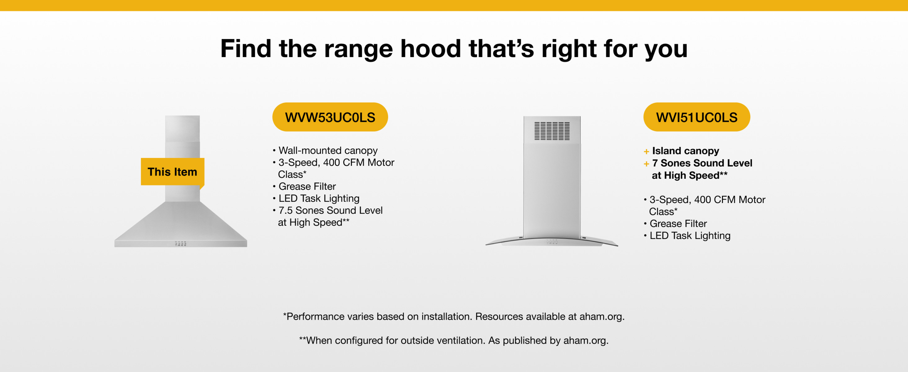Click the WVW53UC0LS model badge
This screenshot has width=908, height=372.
pyautogui.click(x=330, y=117)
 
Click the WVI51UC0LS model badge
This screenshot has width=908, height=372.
pyautogui.click(x=697, y=117)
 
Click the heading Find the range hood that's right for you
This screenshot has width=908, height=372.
pyautogui.click(x=454, y=49)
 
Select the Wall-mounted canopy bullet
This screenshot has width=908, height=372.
pyautogui.click(x=328, y=150)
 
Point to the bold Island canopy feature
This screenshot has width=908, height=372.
pyautogui.click(x=686, y=151)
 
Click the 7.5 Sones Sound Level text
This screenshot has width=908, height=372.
pyautogui.click(x=331, y=210)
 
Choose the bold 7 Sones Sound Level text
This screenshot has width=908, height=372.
pyautogui.click(x=702, y=163)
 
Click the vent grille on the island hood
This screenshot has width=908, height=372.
pyautogui.click(x=552, y=131)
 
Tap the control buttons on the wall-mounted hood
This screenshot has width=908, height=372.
pyautogui.click(x=180, y=243)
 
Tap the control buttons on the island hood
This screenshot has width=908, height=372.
pyautogui.click(x=552, y=242)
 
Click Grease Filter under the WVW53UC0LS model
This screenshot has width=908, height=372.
pyautogui.click(x=307, y=186)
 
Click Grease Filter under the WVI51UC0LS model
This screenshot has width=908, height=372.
pyautogui.click(x=678, y=224)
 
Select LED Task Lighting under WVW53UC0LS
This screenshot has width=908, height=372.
pyautogui.click(x=319, y=198)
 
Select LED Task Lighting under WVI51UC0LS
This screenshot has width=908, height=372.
pyautogui.click(x=690, y=236)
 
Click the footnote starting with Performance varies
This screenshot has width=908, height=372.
pyautogui.click(x=454, y=316)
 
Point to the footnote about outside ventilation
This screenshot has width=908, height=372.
pyautogui.click(x=454, y=340)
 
